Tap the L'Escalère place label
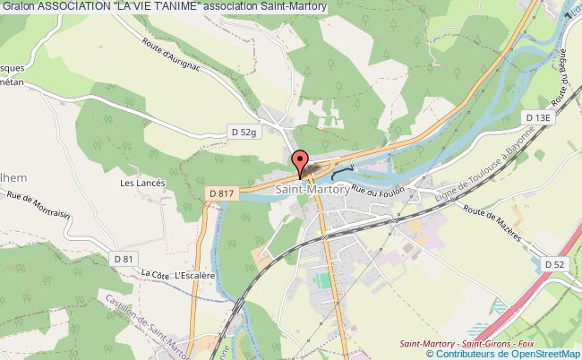click(x=194, y=276)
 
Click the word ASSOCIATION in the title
click(x=73, y=6)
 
